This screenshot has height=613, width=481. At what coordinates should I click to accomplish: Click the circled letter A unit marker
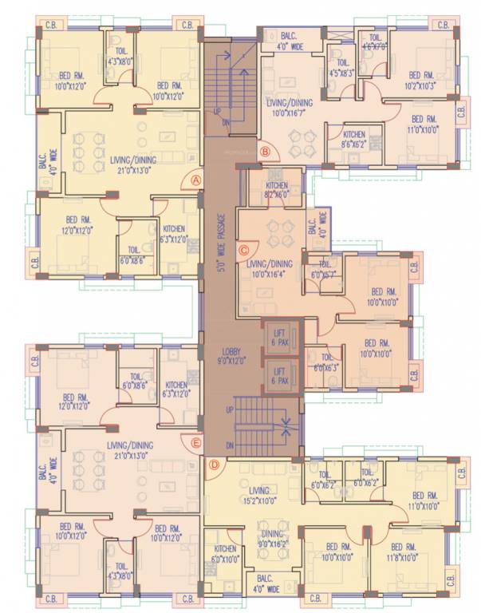(195, 180)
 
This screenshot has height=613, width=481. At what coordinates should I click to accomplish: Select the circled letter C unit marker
(245, 250)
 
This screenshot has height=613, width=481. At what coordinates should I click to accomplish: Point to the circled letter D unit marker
(213, 465)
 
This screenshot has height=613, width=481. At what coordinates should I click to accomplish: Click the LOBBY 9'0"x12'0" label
(231, 355)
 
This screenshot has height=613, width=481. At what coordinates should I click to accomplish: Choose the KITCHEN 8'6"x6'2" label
(353, 139)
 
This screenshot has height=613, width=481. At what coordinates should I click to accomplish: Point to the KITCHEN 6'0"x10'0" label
(225, 554)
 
